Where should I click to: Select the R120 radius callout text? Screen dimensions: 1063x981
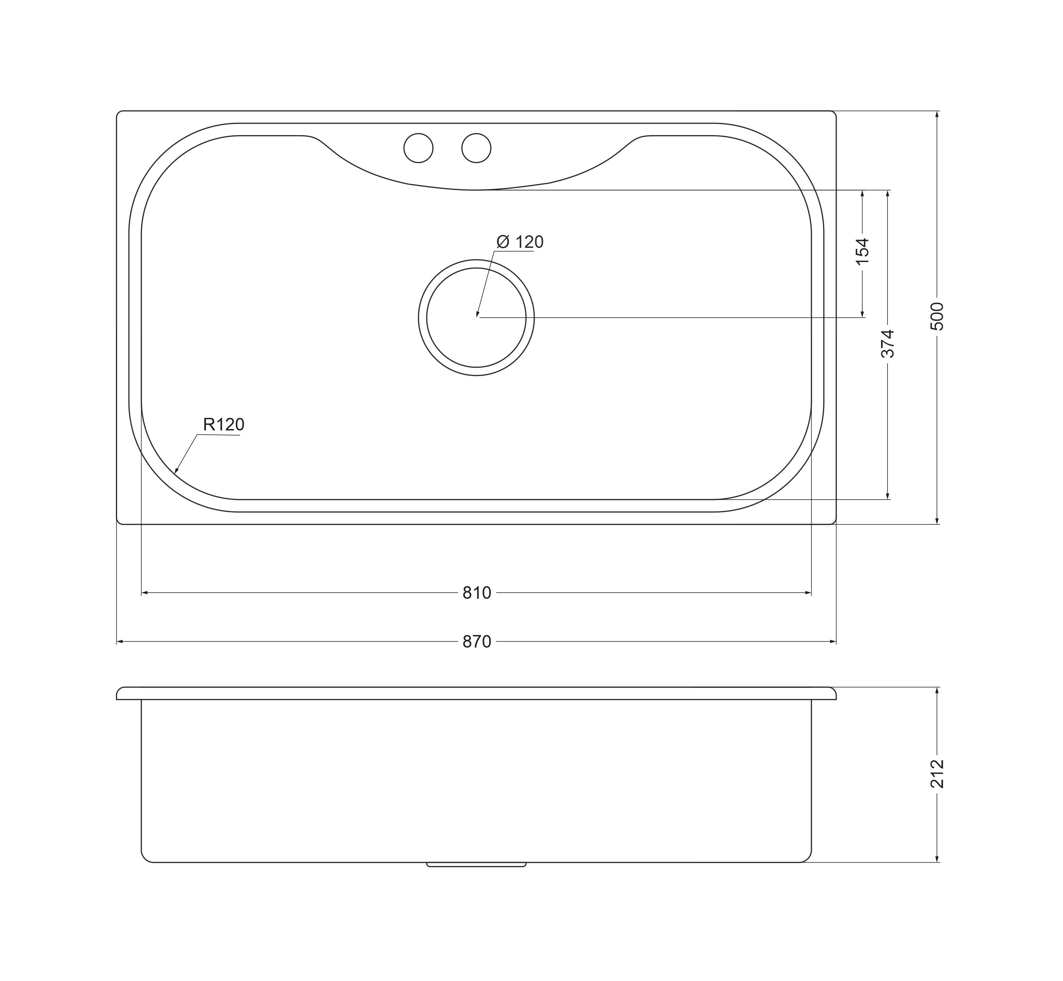pos(223,425)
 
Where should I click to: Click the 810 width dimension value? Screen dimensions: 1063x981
pos(477,593)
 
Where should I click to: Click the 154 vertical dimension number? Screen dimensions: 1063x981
pos(862,252)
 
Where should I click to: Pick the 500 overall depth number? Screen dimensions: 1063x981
pos(937,316)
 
